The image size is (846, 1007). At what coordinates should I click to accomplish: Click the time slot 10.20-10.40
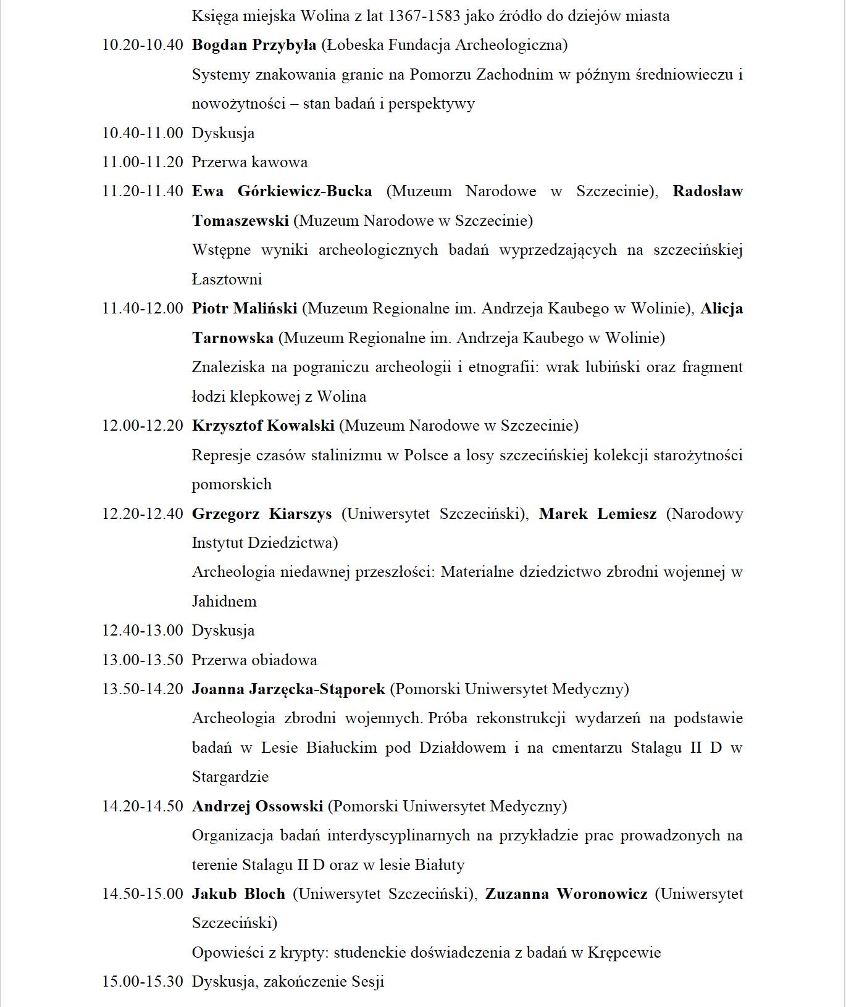click(x=143, y=45)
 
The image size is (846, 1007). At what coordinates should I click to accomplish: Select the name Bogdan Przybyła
click(x=254, y=45)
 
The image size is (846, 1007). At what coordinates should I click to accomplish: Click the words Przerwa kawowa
click(x=249, y=162)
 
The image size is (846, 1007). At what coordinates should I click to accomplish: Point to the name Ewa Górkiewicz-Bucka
click(x=282, y=191)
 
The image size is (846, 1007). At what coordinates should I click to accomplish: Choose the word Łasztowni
click(x=227, y=280)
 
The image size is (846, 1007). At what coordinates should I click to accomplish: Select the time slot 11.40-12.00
click(x=143, y=309)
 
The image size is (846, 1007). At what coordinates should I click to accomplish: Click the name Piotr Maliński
click(x=245, y=309)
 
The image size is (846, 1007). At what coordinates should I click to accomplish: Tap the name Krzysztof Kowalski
click(x=263, y=426)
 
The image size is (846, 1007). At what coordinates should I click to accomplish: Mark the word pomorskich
click(x=232, y=484)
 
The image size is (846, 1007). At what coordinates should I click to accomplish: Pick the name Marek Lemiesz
click(x=597, y=514)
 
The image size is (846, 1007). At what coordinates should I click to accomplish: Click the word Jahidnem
click(x=224, y=602)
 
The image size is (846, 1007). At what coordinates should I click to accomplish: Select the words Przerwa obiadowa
click(x=254, y=660)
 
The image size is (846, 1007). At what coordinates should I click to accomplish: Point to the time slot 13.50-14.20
click(x=143, y=689)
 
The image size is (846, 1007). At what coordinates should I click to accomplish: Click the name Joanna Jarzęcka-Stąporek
click(x=288, y=689)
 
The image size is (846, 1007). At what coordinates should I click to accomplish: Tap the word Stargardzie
click(x=230, y=777)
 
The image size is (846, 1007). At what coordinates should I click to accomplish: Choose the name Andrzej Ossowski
click(x=258, y=806)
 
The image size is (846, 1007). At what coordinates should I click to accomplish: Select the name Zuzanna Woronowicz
click(x=566, y=894)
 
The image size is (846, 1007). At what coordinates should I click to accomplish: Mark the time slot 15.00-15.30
click(x=143, y=982)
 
